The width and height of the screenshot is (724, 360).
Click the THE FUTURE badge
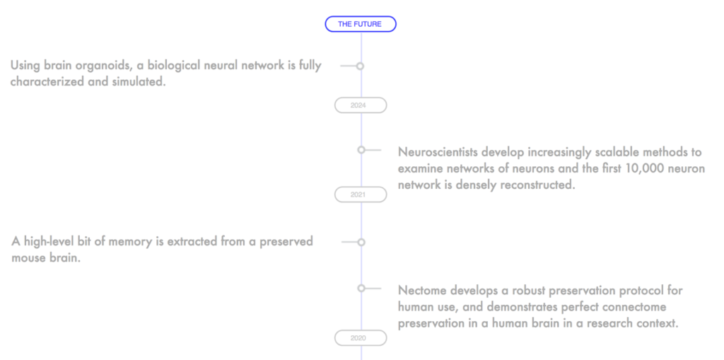[361, 24]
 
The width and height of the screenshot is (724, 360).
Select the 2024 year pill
[361, 105]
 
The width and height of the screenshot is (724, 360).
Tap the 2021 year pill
[361, 194]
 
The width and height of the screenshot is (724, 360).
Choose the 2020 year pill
[361, 338]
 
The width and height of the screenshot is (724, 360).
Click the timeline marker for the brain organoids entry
[360, 66]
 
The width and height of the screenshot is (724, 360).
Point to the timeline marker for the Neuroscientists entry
[361, 150]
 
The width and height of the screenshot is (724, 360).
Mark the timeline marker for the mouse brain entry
[361, 242]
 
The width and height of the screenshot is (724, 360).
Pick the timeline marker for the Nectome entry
[361, 289]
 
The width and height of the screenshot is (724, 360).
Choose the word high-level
[47, 242]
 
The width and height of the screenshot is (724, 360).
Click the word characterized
[47, 82]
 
